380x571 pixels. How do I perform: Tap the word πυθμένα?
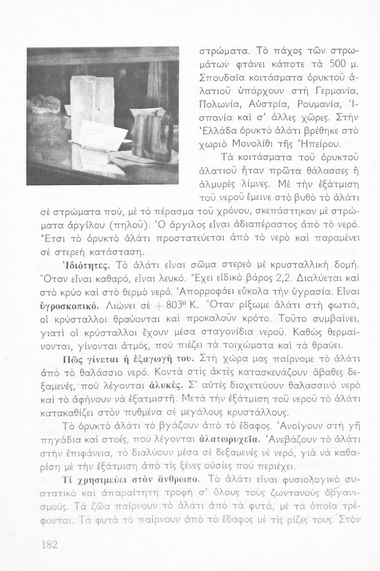tap(143, 413)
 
